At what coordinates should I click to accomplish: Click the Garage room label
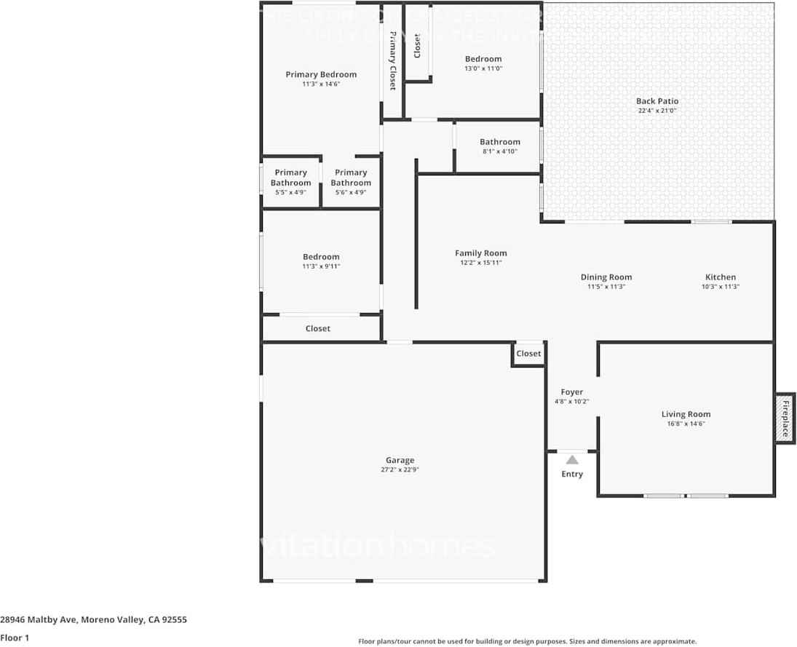(x=400, y=460)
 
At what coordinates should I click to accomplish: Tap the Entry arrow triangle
(x=572, y=460)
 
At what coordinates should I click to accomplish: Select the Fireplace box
(x=785, y=417)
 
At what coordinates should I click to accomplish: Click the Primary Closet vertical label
(x=392, y=60)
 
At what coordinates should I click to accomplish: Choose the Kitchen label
(x=720, y=277)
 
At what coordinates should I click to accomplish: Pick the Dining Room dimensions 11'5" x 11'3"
(x=606, y=287)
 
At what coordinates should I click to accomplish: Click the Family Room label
(x=480, y=253)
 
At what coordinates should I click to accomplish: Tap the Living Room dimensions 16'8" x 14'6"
(x=685, y=424)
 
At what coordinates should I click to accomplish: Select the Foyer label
(x=571, y=392)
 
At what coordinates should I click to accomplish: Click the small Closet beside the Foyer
(x=528, y=354)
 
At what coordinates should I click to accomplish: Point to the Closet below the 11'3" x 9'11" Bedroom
(x=317, y=329)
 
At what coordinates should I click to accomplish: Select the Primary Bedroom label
(x=321, y=74)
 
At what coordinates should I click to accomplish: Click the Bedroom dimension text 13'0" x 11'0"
(x=483, y=68)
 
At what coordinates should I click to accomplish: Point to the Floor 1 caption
(x=14, y=638)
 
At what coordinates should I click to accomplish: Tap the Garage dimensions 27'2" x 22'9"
(x=400, y=470)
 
